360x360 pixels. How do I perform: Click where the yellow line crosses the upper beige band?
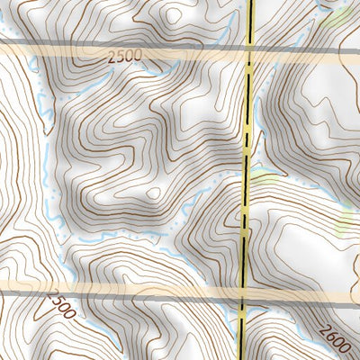249,49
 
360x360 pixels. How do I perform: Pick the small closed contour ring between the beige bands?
153,193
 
